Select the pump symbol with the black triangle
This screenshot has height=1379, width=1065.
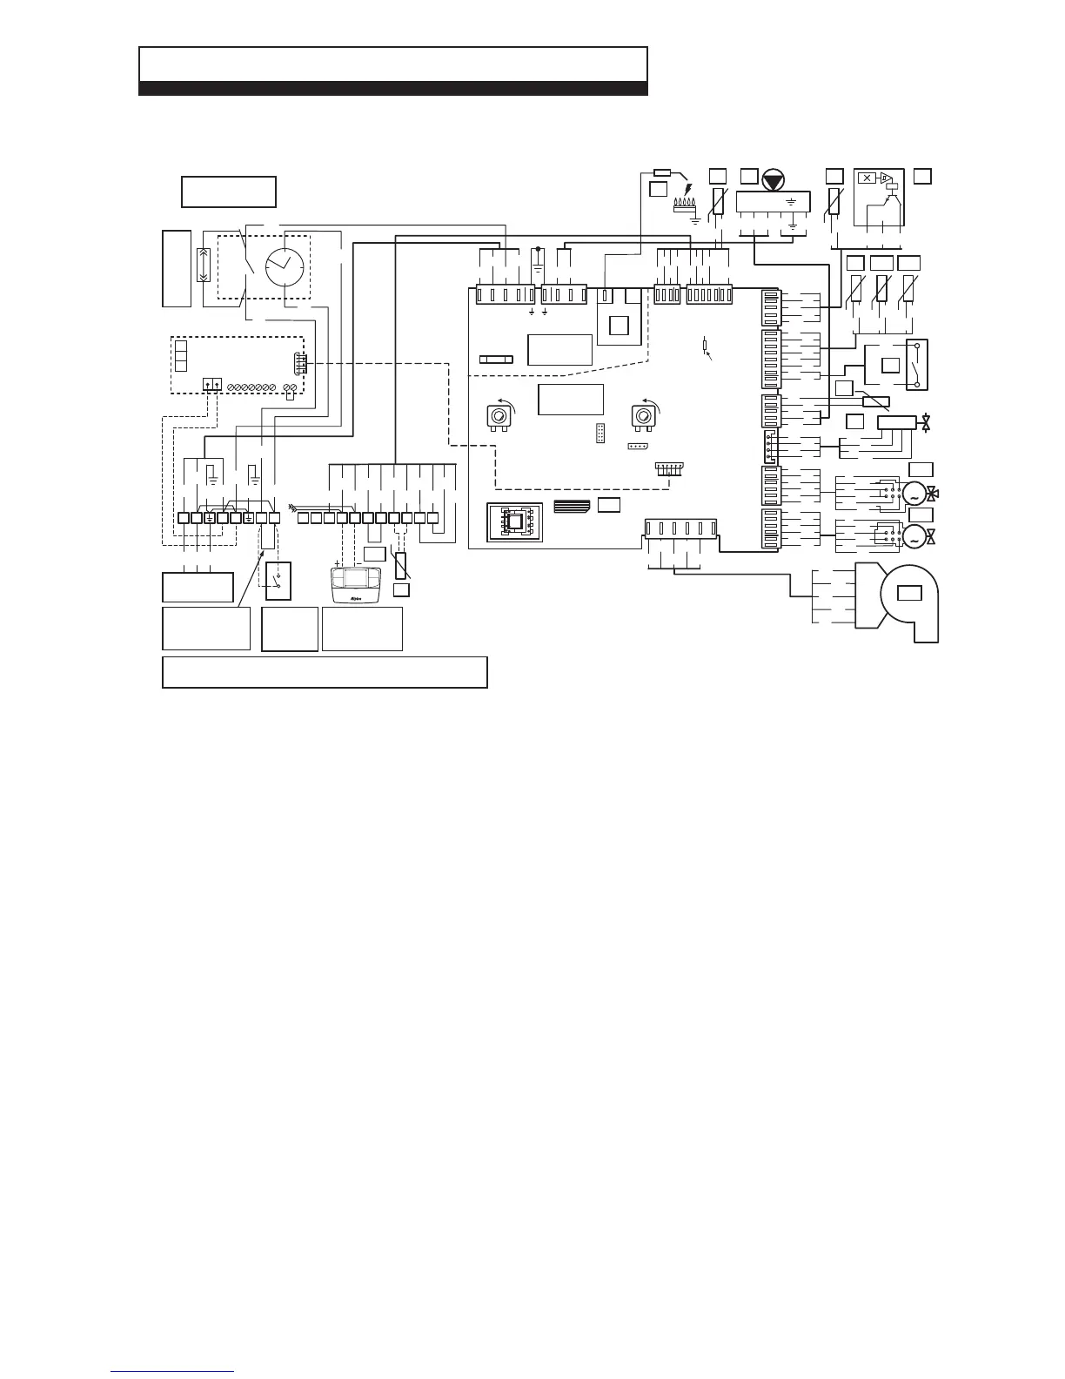(x=773, y=181)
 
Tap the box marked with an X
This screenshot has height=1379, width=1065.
(x=867, y=178)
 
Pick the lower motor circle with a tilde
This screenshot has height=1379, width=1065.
(x=914, y=537)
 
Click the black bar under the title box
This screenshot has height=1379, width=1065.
(x=392, y=88)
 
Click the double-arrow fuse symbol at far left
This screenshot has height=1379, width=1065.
(x=202, y=264)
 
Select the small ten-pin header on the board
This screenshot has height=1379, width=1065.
(x=600, y=433)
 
